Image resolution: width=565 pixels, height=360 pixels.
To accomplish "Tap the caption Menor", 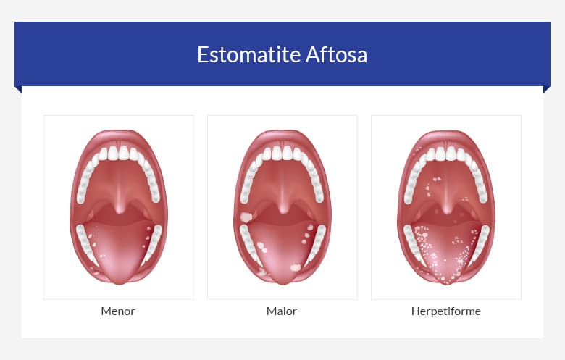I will tap(118, 311).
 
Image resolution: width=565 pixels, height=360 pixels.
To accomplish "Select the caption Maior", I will tap(282, 311).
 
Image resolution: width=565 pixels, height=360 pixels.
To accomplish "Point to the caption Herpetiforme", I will tap(445, 311).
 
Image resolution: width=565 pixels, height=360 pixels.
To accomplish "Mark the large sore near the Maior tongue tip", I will tap(295, 267).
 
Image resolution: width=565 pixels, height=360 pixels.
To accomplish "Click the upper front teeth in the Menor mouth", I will tap(119, 153).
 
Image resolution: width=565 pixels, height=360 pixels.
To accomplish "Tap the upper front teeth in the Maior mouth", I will tap(282, 153).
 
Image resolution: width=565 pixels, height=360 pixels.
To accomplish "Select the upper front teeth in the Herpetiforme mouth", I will tap(446, 153).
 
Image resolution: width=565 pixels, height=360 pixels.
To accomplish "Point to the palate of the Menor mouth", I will tap(119, 177).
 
